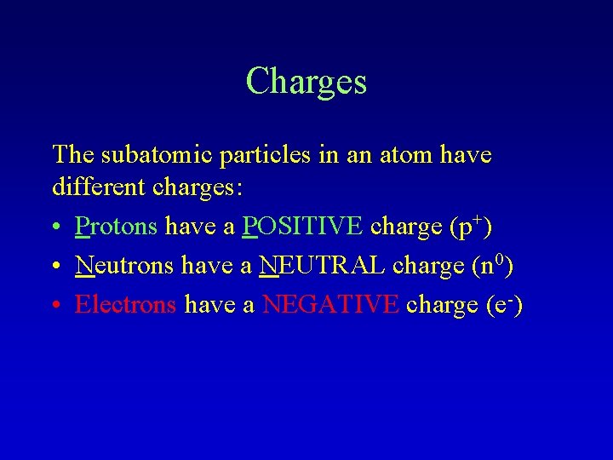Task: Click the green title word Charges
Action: click(306, 82)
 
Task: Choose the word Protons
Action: click(116, 227)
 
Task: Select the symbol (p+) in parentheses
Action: click(469, 227)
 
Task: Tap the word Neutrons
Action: click(123, 266)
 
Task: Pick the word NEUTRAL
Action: click(322, 266)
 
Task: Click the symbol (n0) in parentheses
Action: click(492, 265)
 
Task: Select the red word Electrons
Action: click(126, 304)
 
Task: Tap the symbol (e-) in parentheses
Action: click(500, 304)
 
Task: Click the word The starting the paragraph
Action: click(73, 155)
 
